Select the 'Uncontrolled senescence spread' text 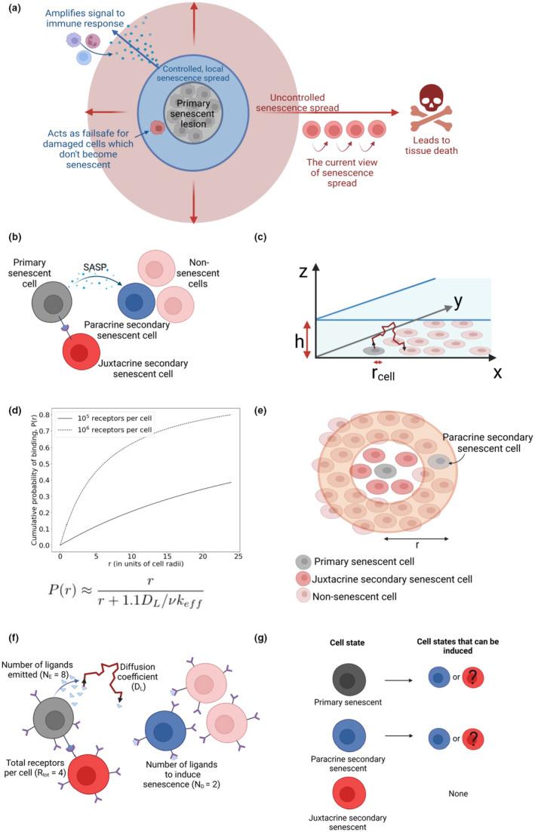coord(309,103)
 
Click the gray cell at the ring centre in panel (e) coord(386,471)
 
